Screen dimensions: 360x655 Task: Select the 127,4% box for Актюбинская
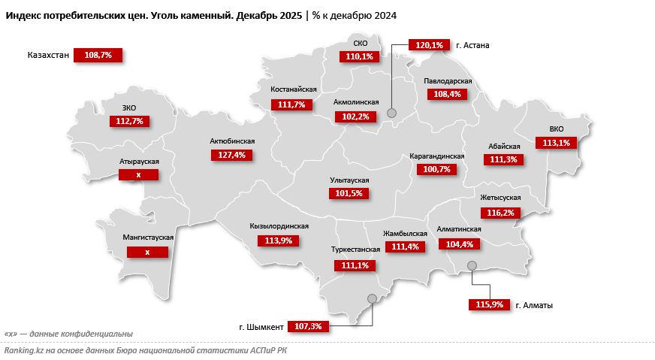(231, 155)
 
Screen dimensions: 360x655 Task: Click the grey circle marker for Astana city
(391, 113)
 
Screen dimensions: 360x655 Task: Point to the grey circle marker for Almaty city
(472, 265)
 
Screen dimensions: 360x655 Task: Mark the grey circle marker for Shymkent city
(372, 298)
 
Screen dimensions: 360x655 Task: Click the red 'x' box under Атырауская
(138, 174)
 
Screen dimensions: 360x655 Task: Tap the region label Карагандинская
(436, 156)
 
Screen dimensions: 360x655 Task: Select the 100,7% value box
(436, 169)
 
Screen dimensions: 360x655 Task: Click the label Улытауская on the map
(350, 180)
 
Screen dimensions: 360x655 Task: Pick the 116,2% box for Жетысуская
(500, 213)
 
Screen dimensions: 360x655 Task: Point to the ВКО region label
(556, 129)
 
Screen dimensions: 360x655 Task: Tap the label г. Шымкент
(261, 327)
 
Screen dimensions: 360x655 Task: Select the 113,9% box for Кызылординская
(278, 241)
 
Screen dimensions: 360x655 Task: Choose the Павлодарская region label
(448, 80)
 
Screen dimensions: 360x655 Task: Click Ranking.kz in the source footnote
(23, 349)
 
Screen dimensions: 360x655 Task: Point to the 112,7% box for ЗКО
(130, 121)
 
